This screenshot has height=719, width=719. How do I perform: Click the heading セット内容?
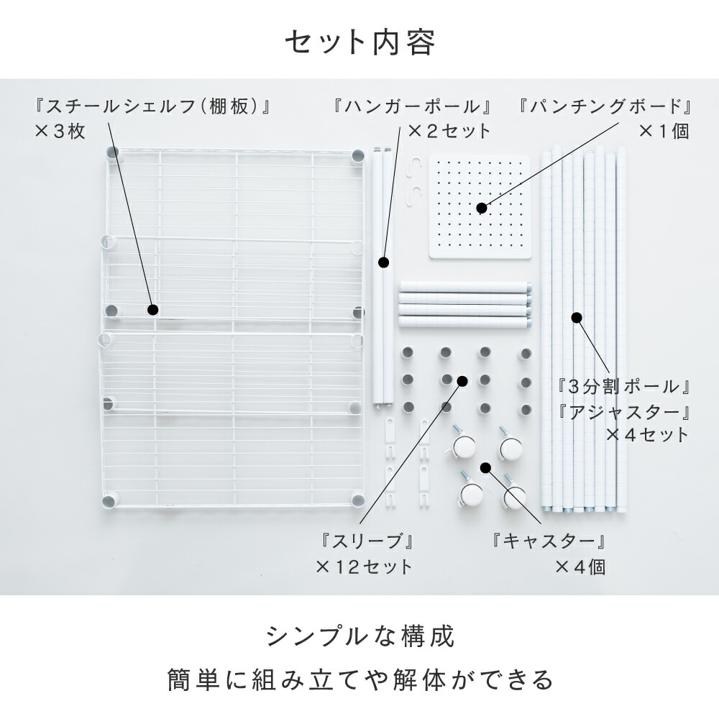click(x=360, y=42)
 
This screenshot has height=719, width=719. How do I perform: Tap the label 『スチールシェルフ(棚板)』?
click(x=153, y=107)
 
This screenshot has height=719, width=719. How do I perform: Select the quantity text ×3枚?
click(x=60, y=132)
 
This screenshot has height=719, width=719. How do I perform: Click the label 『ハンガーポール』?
click(x=412, y=107)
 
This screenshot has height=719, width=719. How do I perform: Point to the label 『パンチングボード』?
click(x=604, y=107)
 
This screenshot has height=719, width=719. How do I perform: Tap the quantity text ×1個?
click(x=664, y=132)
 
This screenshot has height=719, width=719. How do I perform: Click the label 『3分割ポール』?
click(x=623, y=387)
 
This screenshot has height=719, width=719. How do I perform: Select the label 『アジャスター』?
click(x=623, y=411)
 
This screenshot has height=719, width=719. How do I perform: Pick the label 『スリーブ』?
click(x=367, y=541)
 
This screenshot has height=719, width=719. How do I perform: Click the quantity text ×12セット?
click(x=365, y=567)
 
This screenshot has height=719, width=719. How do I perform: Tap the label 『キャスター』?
click(x=549, y=541)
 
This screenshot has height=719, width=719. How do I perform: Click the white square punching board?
click(x=480, y=207)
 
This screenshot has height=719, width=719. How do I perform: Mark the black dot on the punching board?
click(x=482, y=209)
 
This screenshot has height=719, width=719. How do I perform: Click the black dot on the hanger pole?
click(x=383, y=262)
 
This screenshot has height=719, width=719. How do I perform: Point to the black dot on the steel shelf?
click(x=153, y=310)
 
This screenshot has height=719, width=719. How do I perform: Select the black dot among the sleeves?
click(x=462, y=380)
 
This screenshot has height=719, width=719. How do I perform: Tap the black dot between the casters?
click(x=485, y=467)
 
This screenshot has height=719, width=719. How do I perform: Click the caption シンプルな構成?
click(x=360, y=636)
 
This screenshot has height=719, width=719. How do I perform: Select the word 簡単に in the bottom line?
click(x=204, y=679)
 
